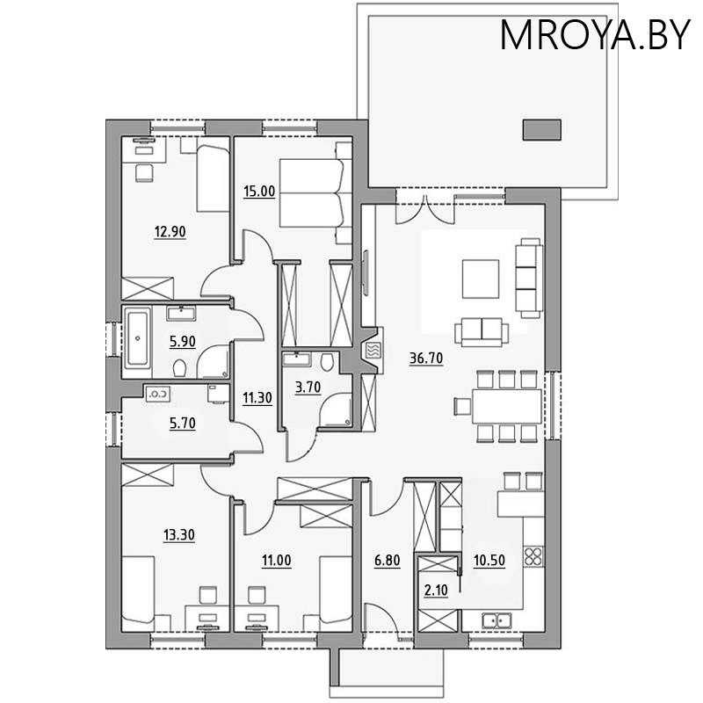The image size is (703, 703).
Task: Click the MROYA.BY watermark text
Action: [595, 34]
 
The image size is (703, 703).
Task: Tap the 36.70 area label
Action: [426, 359]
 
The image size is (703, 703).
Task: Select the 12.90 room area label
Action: [170, 232]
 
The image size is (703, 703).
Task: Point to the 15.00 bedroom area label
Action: [259, 192]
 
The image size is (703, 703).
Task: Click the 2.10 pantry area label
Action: [436, 591]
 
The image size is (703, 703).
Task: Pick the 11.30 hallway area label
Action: [257, 398]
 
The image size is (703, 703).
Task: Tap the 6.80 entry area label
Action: [387, 561]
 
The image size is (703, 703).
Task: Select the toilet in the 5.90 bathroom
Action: [180, 368]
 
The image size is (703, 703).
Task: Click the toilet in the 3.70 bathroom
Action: [327, 361]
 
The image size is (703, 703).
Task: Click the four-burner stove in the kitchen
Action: [533, 556]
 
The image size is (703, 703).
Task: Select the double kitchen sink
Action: [496, 620]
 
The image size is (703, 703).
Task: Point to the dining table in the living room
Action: [507, 406]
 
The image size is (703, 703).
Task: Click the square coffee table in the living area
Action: [481, 279]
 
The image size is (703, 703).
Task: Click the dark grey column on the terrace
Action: [542, 130]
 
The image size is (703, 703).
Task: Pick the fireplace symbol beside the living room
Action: [374, 350]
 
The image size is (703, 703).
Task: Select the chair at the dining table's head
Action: [462, 406]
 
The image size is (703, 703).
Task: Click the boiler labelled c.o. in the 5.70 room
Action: [158, 394]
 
